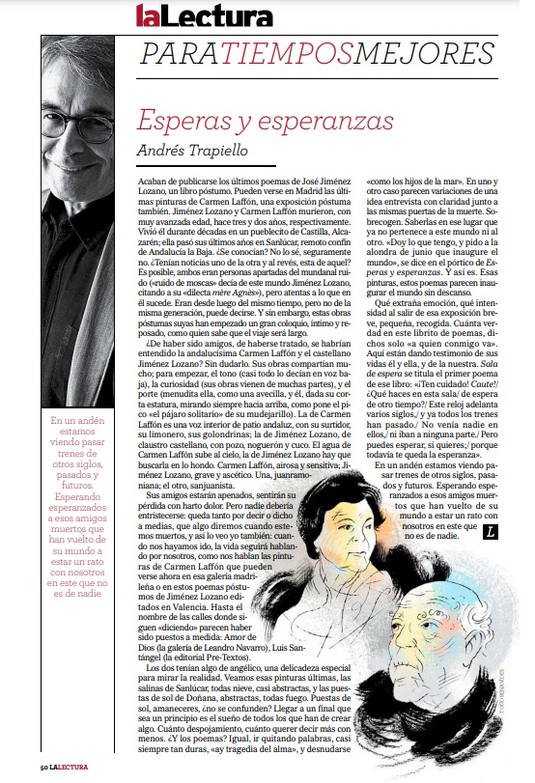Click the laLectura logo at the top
(x=204, y=15)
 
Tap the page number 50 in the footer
(x=44, y=767)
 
